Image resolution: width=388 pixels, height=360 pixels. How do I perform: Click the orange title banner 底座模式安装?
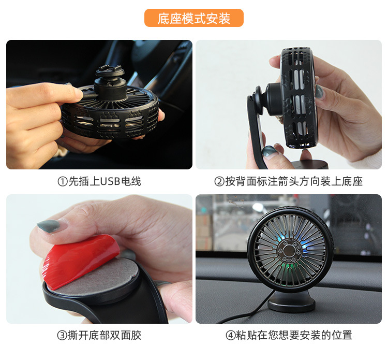click(194, 18)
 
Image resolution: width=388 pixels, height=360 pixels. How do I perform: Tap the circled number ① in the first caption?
click(63, 182)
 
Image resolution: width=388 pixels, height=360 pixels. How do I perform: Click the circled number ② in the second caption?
click(219, 182)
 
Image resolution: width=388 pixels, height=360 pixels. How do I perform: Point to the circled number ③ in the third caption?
click(62, 336)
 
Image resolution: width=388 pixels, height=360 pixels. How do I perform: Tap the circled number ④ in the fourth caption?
click(230, 336)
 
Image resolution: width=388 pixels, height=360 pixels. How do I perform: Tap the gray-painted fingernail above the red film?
click(49, 226)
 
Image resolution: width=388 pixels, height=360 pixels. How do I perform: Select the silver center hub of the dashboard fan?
click(288, 251)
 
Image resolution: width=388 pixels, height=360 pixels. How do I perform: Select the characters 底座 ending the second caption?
click(352, 182)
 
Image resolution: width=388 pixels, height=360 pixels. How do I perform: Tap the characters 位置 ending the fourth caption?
click(342, 336)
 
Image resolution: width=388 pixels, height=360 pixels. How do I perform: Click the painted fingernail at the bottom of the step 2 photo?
click(270, 151)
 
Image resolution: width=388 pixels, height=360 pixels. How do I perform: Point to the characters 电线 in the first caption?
click(131, 182)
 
